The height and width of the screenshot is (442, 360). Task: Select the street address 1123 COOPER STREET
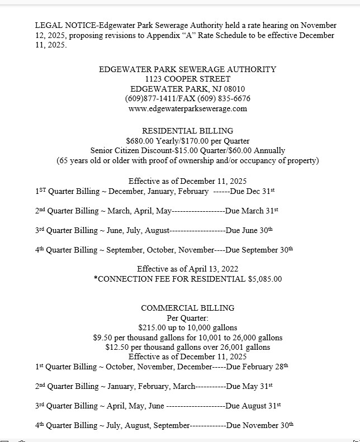(187, 79)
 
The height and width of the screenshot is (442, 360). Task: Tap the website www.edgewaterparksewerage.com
(187, 108)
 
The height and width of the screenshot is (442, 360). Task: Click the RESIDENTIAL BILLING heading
(187, 131)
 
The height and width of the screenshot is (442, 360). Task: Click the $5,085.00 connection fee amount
(265, 279)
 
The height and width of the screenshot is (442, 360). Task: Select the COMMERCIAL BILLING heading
(187, 308)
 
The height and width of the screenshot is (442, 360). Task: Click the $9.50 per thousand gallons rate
(103, 338)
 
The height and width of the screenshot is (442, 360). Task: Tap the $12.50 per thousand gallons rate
(117, 347)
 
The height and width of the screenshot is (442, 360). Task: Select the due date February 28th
(267, 367)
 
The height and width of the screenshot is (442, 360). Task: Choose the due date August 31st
(264, 406)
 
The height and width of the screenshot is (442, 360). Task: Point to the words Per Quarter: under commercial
(187, 317)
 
